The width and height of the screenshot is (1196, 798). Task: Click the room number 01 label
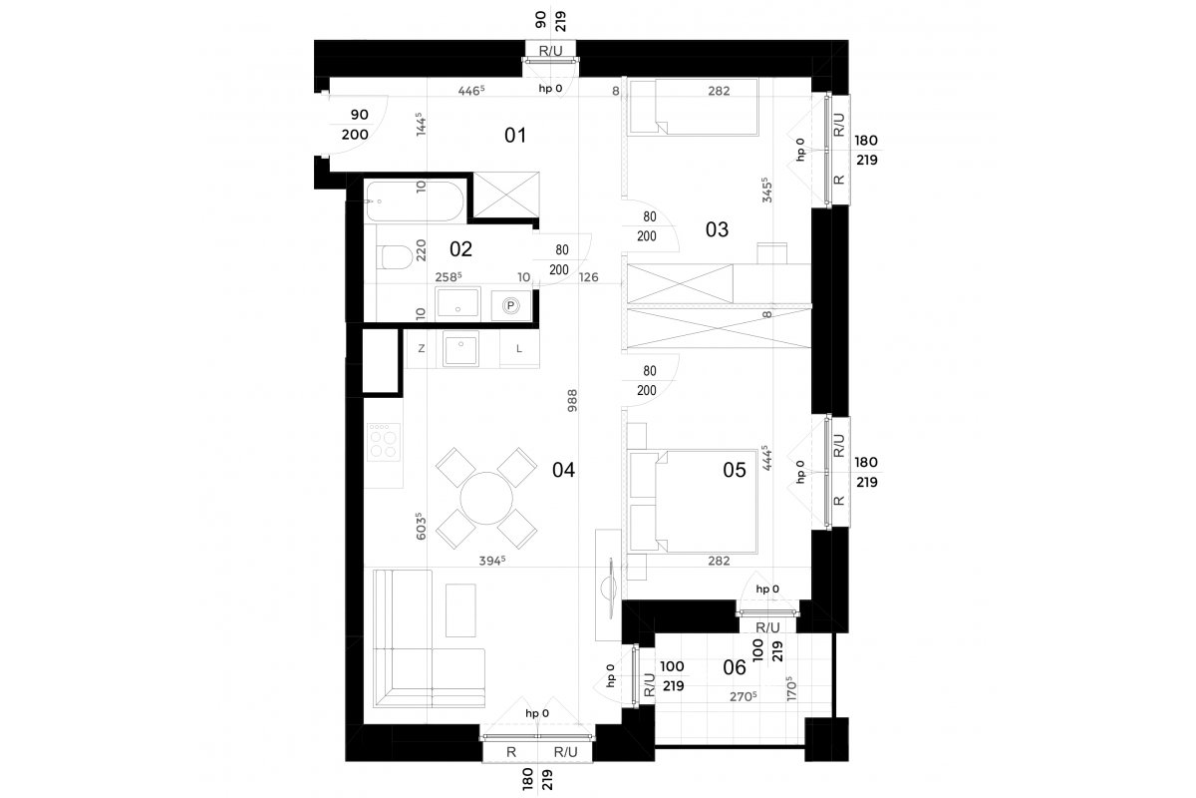point(515,136)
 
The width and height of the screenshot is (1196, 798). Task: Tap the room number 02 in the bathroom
point(460,249)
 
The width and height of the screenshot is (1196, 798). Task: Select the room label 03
point(717,229)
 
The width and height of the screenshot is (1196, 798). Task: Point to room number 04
point(563,471)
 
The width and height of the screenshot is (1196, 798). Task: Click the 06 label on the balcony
point(735,667)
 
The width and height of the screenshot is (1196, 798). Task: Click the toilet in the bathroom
point(394,257)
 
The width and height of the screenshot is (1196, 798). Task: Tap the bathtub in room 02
point(416,201)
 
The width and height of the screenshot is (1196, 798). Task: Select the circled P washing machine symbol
point(511,305)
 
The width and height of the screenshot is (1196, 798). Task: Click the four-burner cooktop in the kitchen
point(384,442)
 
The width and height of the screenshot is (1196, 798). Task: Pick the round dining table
point(486,498)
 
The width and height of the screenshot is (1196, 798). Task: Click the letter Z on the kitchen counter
point(422,348)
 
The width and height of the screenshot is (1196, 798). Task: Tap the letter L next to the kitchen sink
point(519,349)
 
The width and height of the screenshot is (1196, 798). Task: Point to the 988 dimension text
point(572,400)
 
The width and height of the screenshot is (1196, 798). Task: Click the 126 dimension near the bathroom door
point(588,277)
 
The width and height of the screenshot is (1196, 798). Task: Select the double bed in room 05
point(694,502)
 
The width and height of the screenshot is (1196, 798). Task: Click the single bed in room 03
point(694,107)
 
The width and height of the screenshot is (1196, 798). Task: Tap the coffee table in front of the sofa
point(460,610)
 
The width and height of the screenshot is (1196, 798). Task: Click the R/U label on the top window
point(550,51)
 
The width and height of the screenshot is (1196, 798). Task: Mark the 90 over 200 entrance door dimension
point(356,125)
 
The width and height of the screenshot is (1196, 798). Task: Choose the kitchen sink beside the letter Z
point(460,348)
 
